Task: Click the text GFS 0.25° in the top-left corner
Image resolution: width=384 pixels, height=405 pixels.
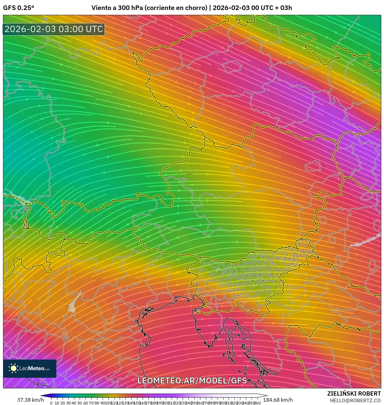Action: pyautogui.click(x=18, y=8)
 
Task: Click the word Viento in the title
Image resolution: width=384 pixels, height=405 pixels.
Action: pyautogui.click(x=101, y=8)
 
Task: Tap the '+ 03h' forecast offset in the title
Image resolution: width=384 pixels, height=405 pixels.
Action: pyautogui.click(x=283, y=8)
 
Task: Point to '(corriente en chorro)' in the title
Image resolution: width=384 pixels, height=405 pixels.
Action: pyautogui.click(x=176, y=8)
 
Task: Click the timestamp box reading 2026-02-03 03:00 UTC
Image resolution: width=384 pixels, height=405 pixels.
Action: pyautogui.click(x=54, y=29)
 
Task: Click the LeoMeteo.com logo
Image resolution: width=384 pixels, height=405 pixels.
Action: pyautogui.click(x=30, y=368)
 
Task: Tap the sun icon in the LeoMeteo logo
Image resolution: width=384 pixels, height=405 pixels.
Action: pyautogui.click(x=14, y=368)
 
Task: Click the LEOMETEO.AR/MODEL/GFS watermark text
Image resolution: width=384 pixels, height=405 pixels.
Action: pyautogui.click(x=192, y=380)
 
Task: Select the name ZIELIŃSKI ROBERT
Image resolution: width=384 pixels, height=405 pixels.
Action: pyautogui.click(x=354, y=393)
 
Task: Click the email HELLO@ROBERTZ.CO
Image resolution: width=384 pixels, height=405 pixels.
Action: pyautogui.click(x=355, y=400)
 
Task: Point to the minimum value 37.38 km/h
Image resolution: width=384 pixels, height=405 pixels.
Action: pyautogui.click(x=30, y=400)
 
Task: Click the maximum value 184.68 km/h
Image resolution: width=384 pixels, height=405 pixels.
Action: pyautogui.click(x=278, y=400)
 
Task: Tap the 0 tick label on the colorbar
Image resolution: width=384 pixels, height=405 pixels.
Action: pyautogui.click(x=51, y=403)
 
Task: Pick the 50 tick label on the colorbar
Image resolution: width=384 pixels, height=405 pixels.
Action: pyautogui.click(x=79, y=403)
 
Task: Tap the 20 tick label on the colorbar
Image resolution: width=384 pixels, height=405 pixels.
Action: pyautogui.click(x=62, y=403)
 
